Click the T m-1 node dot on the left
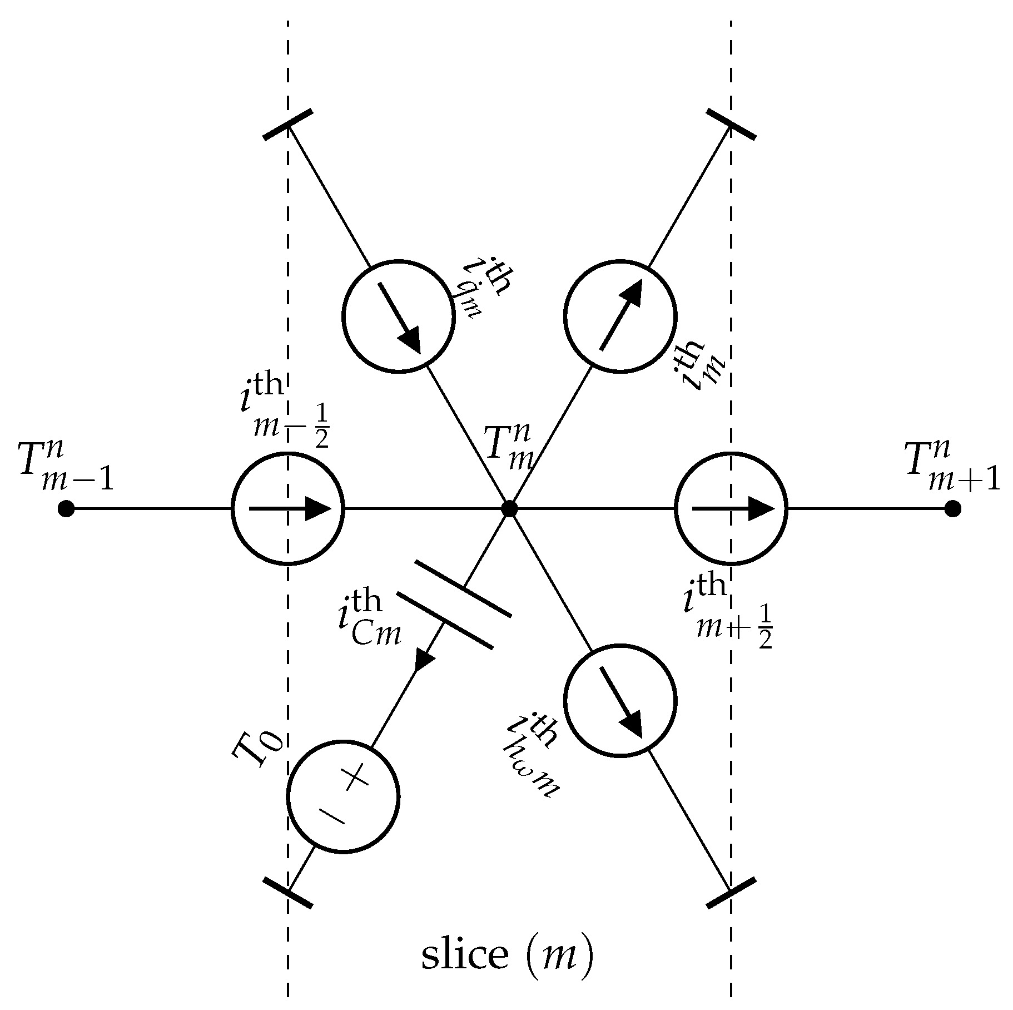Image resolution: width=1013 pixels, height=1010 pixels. (x=66, y=508)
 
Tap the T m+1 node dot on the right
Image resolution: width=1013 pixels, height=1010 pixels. (x=952, y=508)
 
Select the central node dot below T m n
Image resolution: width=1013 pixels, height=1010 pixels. (x=509, y=508)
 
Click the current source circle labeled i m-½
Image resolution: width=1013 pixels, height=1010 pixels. (x=287, y=508)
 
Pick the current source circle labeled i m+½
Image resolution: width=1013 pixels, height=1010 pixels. (x=731, y=508)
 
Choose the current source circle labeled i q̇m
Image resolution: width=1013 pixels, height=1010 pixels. (x=398, y=316)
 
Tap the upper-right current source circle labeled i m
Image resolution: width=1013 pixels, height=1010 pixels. (x=620, y=316)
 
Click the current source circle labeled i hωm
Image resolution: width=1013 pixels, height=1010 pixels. (x=620, y=701)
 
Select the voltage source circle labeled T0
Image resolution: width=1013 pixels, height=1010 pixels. (x=343, y=796)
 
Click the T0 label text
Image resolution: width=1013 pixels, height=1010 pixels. (x=260, y=750)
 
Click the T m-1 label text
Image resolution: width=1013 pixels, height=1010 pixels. (x=66, y=466)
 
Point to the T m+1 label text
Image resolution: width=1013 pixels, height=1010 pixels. (x=952, y=466)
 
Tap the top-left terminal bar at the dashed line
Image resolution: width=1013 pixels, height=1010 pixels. (x=287, y=125)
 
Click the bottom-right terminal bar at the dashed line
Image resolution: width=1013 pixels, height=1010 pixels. (x=731, y=893)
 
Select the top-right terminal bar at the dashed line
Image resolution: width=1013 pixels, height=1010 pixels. (x=731, y=125)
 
